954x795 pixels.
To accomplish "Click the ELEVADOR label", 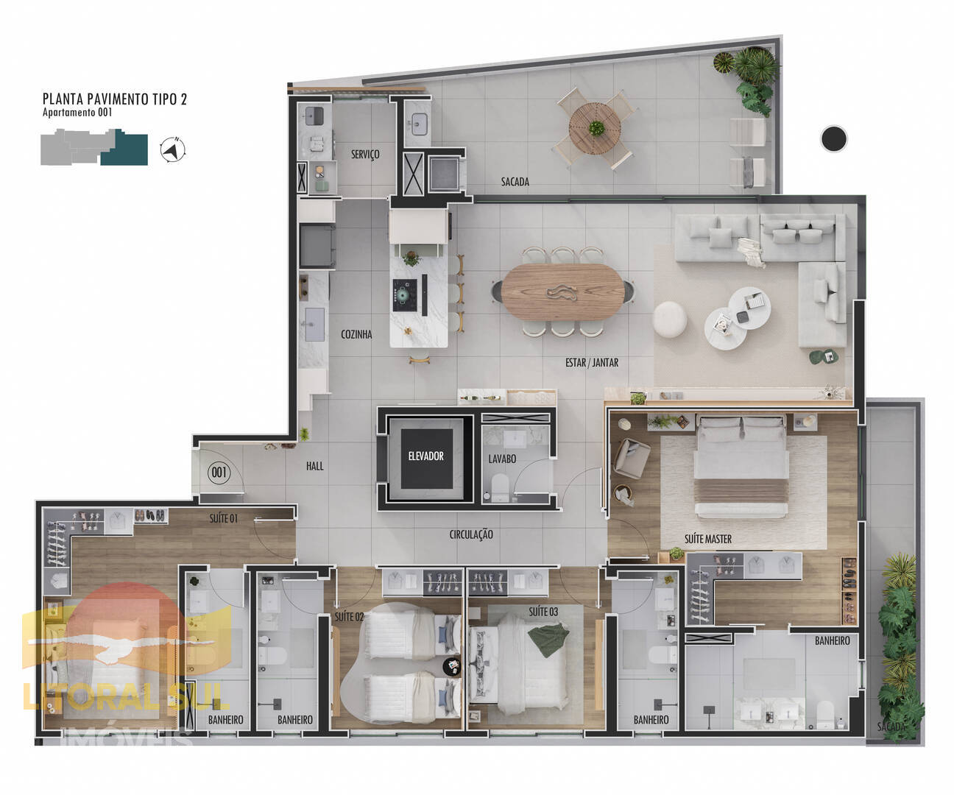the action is (425, 456).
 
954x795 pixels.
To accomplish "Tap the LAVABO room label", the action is (502, 459).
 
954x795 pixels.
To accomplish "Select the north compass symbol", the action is (173, 149).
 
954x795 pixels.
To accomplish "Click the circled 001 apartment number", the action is (219, 472).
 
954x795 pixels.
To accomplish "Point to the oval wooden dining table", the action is (562, 291).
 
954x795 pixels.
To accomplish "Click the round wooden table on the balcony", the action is (595, 128).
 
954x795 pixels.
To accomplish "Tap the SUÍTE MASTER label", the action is (707, 539).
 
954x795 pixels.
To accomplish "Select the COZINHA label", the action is (356, 334).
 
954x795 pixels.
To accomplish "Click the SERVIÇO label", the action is (365, 155).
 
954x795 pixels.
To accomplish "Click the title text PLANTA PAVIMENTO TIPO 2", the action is (115, 99).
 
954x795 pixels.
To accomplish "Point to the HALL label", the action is (315, 466).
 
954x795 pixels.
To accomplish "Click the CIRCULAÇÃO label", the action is (471, 534).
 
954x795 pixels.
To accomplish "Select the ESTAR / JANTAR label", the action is (592, 363).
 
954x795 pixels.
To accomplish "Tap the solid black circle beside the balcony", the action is (834, 138).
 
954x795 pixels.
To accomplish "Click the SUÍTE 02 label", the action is (349, 617).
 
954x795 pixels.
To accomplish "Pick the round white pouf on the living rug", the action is (669, 319).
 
